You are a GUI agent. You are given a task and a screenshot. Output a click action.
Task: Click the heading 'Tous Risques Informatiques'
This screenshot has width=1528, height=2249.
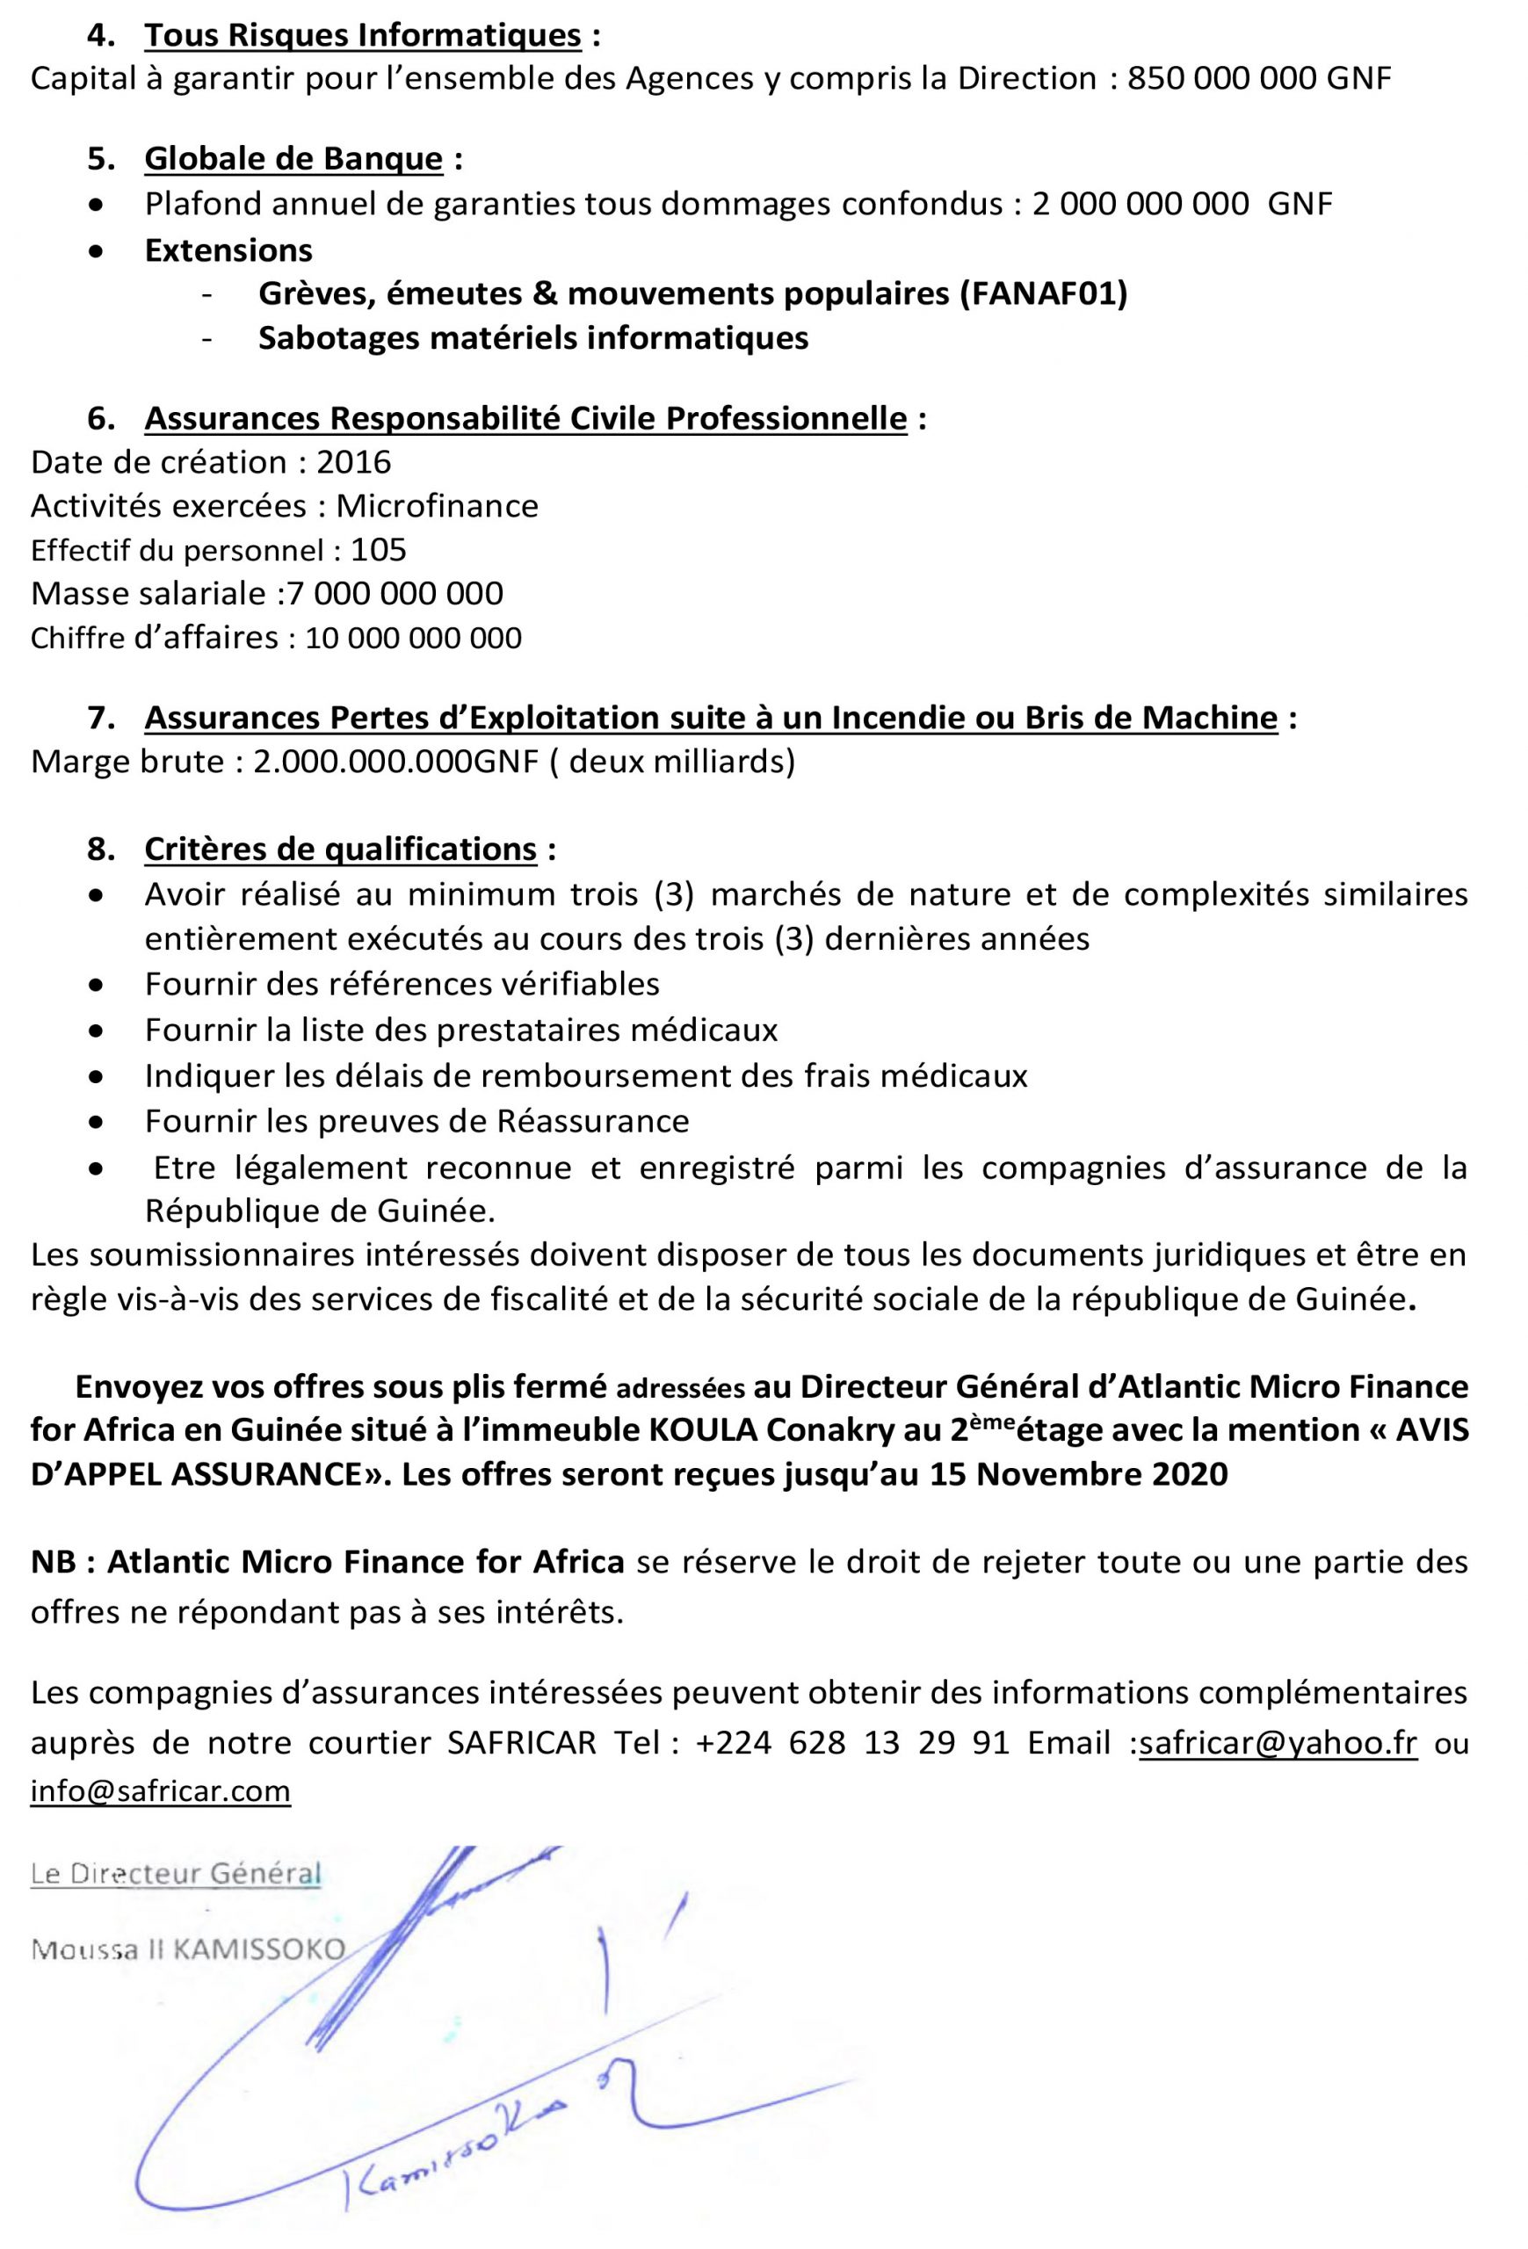tap(363, 36)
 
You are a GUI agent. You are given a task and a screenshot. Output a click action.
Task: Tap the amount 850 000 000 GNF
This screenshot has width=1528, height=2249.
tap(1259, 79)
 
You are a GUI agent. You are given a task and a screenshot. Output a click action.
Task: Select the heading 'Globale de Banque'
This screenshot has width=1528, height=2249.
tap(293, 159)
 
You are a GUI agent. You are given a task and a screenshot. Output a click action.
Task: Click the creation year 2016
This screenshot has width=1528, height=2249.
tap(353, 463)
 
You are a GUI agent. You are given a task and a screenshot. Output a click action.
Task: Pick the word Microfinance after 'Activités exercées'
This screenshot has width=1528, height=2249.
tap(437, 506)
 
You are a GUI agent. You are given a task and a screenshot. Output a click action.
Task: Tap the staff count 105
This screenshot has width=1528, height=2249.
tap(379, 551)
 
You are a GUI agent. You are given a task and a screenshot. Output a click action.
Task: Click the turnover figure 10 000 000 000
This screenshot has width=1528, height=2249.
tap(413, 639)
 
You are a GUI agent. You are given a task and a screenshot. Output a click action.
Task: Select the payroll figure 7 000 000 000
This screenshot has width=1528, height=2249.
tap(395, 594)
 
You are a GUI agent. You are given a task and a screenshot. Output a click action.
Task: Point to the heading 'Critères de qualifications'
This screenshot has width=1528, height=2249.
tap(340, 850)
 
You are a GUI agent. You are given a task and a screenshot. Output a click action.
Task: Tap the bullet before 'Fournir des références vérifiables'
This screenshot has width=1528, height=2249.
tap(95, 986)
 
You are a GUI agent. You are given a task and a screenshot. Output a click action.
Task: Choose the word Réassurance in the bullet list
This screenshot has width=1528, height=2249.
tap(592, 1122)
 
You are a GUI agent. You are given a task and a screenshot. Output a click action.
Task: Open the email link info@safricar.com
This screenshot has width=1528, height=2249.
tap(161, 1791)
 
